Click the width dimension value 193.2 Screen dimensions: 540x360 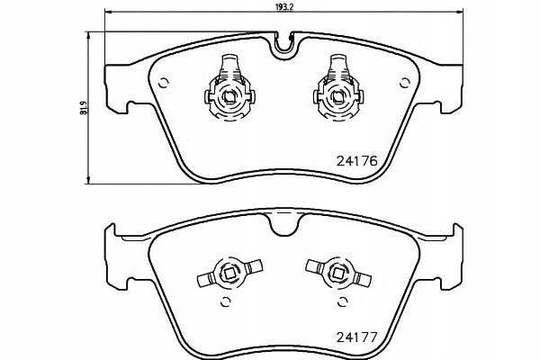tap(284, 7)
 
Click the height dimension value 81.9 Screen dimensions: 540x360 tap(84, 108)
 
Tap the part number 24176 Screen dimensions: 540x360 tap(357, 161)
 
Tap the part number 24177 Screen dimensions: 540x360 tap(357, 337)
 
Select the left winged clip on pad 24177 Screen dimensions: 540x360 tap(229, 274)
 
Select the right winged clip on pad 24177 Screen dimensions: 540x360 tap(338, 274)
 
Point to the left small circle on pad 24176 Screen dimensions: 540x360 tap(163, 83)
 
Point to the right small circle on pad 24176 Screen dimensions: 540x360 tap(405, 83)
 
